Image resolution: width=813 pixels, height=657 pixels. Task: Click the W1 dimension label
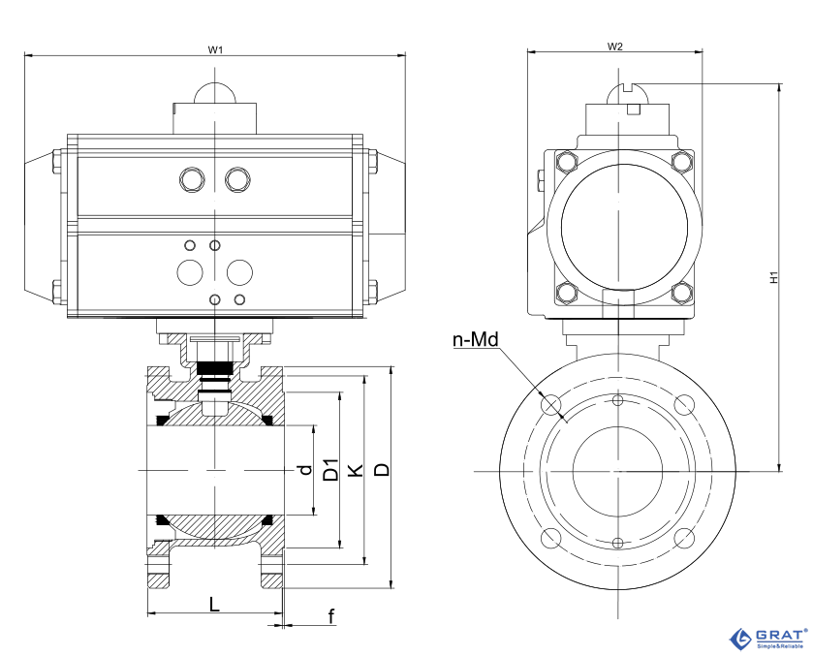(x=215, y=49)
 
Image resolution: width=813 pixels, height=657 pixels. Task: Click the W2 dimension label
(x=615, y=47)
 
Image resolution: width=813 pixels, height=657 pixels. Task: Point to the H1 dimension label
(x=774, y=277)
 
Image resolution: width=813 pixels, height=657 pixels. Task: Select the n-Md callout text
(x=476, y=340)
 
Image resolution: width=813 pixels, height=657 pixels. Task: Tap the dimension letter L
(x=214, y=604)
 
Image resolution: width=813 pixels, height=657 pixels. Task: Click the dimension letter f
(x=331, y=616)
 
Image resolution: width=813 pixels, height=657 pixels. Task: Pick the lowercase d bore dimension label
(x=306, y=469)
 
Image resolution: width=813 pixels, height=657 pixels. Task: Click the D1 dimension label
(x=330, y=470)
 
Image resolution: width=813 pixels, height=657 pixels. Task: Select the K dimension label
(x=356, y=470)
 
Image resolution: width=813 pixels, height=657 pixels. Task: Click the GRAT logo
(x=768, y=639)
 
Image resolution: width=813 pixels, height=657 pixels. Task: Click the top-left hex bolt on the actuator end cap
(x=566, y=162)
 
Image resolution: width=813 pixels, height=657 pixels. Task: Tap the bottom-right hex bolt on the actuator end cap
(x=682, y=293)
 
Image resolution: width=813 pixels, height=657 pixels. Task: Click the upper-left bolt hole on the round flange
(x=550, y=404)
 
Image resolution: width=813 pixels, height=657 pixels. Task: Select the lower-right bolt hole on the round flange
(x=684, y=538)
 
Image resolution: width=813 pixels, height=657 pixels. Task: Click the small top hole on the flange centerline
(x=617, y=400)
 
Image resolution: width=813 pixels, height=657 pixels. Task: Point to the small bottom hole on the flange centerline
(x=617, y=543)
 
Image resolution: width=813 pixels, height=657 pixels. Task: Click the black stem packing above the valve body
(x=215, y=366)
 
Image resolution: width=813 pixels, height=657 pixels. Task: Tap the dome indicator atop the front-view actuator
(x=215, y=92)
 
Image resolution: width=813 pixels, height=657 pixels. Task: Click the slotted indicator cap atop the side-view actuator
(x=627, y=93)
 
